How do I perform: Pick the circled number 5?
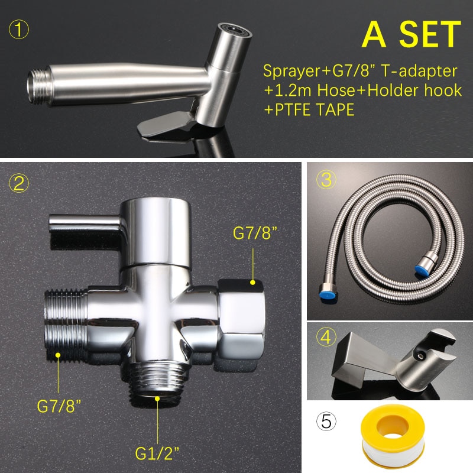click(326, 423)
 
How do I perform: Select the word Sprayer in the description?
click(289, 72)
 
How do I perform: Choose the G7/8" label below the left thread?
click(59, 407)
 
